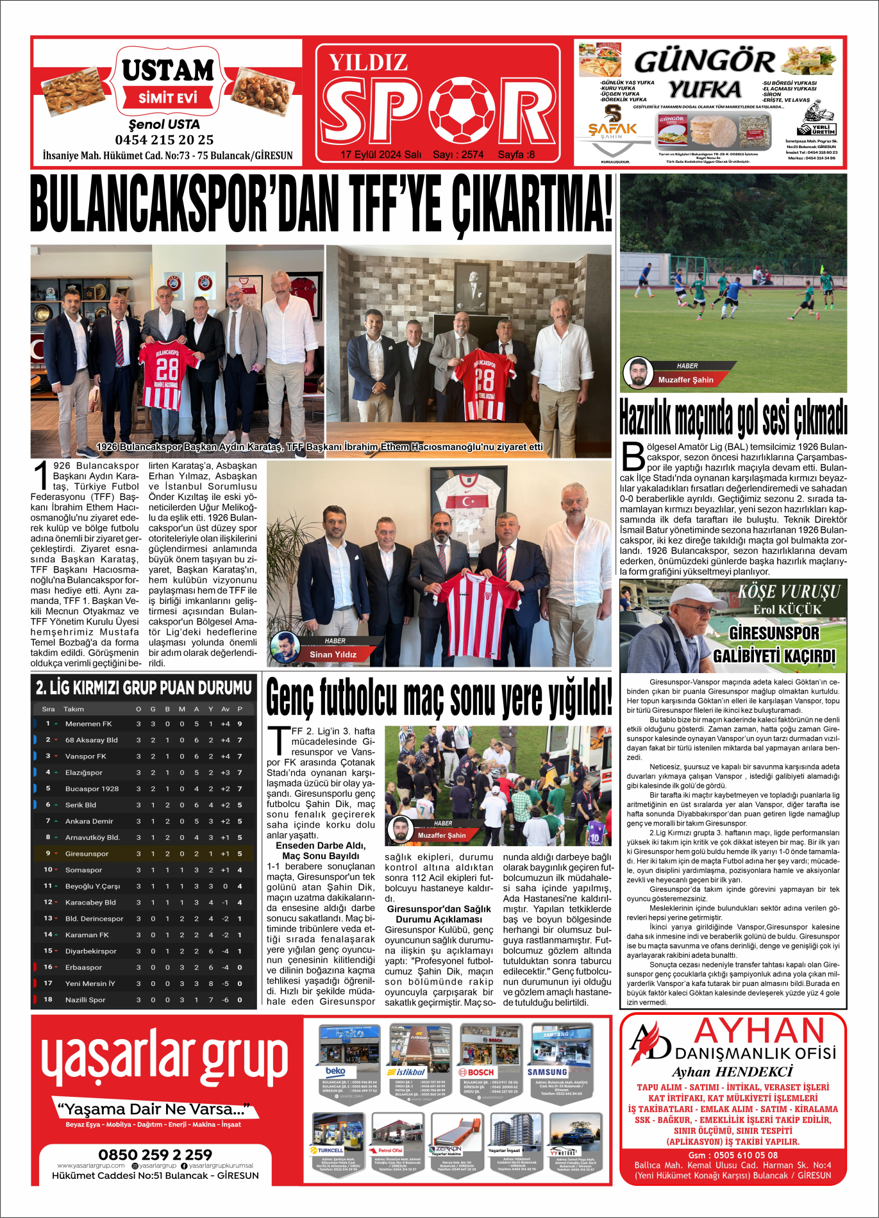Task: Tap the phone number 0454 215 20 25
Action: (164, 140)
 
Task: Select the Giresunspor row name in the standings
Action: (87, 854)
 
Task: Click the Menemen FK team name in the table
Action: (88, 724)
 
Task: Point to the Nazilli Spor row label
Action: (85, 1000)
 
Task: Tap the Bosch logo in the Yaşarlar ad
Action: (476, 1072)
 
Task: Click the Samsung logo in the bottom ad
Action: (547, 1072)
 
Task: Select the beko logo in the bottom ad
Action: (335, 1071)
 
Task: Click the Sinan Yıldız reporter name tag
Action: (333, 655)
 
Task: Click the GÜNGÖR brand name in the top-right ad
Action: (705, 62)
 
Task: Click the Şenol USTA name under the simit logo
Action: (164, 124)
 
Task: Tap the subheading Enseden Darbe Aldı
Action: (321, 846)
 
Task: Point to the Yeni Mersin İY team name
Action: (90, 983)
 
